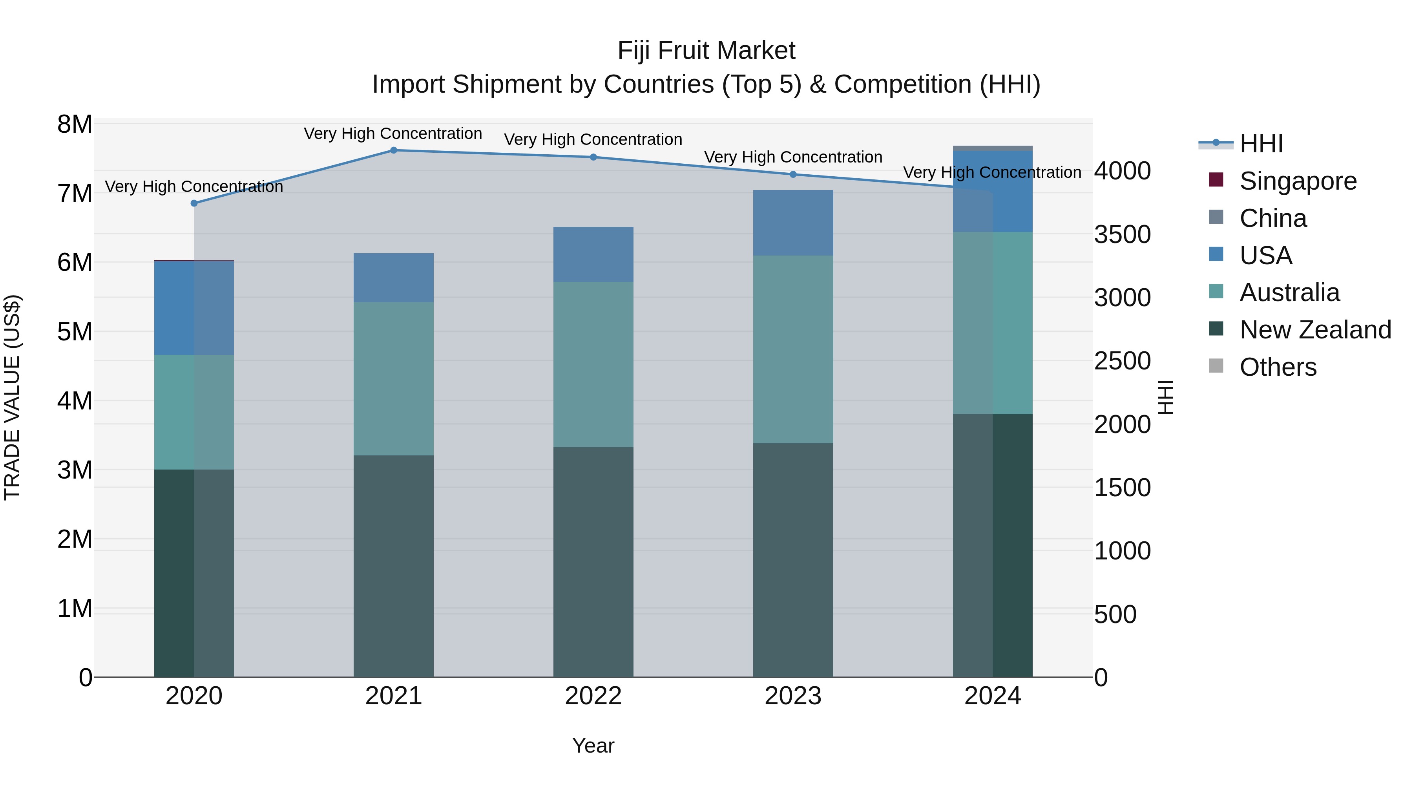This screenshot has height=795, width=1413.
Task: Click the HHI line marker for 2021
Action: coord(393,150)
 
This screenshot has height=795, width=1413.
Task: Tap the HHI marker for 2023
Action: coord(792,174)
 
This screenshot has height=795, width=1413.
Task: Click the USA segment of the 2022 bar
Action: coord(593,254)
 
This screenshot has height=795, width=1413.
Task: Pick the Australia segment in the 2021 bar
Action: coord(393,378)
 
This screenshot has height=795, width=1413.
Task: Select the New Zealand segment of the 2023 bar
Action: coord(792,559)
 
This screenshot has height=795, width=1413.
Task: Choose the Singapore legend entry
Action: coord(1297,181)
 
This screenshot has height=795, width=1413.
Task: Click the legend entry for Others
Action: coord(1278,367)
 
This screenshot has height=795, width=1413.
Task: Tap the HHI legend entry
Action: coord(1260,144)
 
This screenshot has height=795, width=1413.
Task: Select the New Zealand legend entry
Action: coord(1315,330)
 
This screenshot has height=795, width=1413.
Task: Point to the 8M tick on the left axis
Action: coord(75,124)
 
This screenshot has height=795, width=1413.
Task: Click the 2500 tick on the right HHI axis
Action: coord(1122,361)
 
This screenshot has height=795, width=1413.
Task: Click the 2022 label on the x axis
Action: coord(593,696)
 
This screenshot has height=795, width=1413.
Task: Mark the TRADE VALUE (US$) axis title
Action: coord(12,397)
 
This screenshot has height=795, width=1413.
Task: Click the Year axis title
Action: coord(593,746)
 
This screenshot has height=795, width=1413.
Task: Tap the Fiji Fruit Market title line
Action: coord(706,51)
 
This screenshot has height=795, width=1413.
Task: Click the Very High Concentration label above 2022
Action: coord(593,139)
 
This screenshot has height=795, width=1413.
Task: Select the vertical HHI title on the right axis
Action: coord(1165,397)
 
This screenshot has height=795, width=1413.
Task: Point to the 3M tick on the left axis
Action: coord(75,470)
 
